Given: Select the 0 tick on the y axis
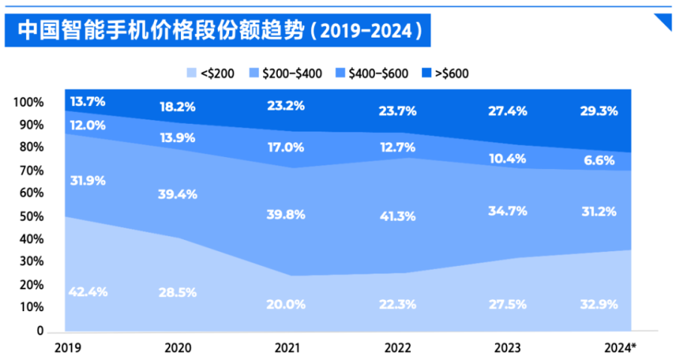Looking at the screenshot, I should click(x=40, y=331).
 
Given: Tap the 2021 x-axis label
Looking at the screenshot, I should click(x=285, y=348).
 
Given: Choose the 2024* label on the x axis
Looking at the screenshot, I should click(x=620, y=348).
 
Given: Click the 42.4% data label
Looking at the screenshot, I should click(x=87, y=292).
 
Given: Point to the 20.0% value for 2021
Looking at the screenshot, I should click(x=286, y=304).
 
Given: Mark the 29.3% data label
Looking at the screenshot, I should click(x=598, y=111).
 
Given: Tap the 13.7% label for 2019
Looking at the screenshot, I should click(x=88, y=101).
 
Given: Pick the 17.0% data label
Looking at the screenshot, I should click(x=286, y=149).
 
